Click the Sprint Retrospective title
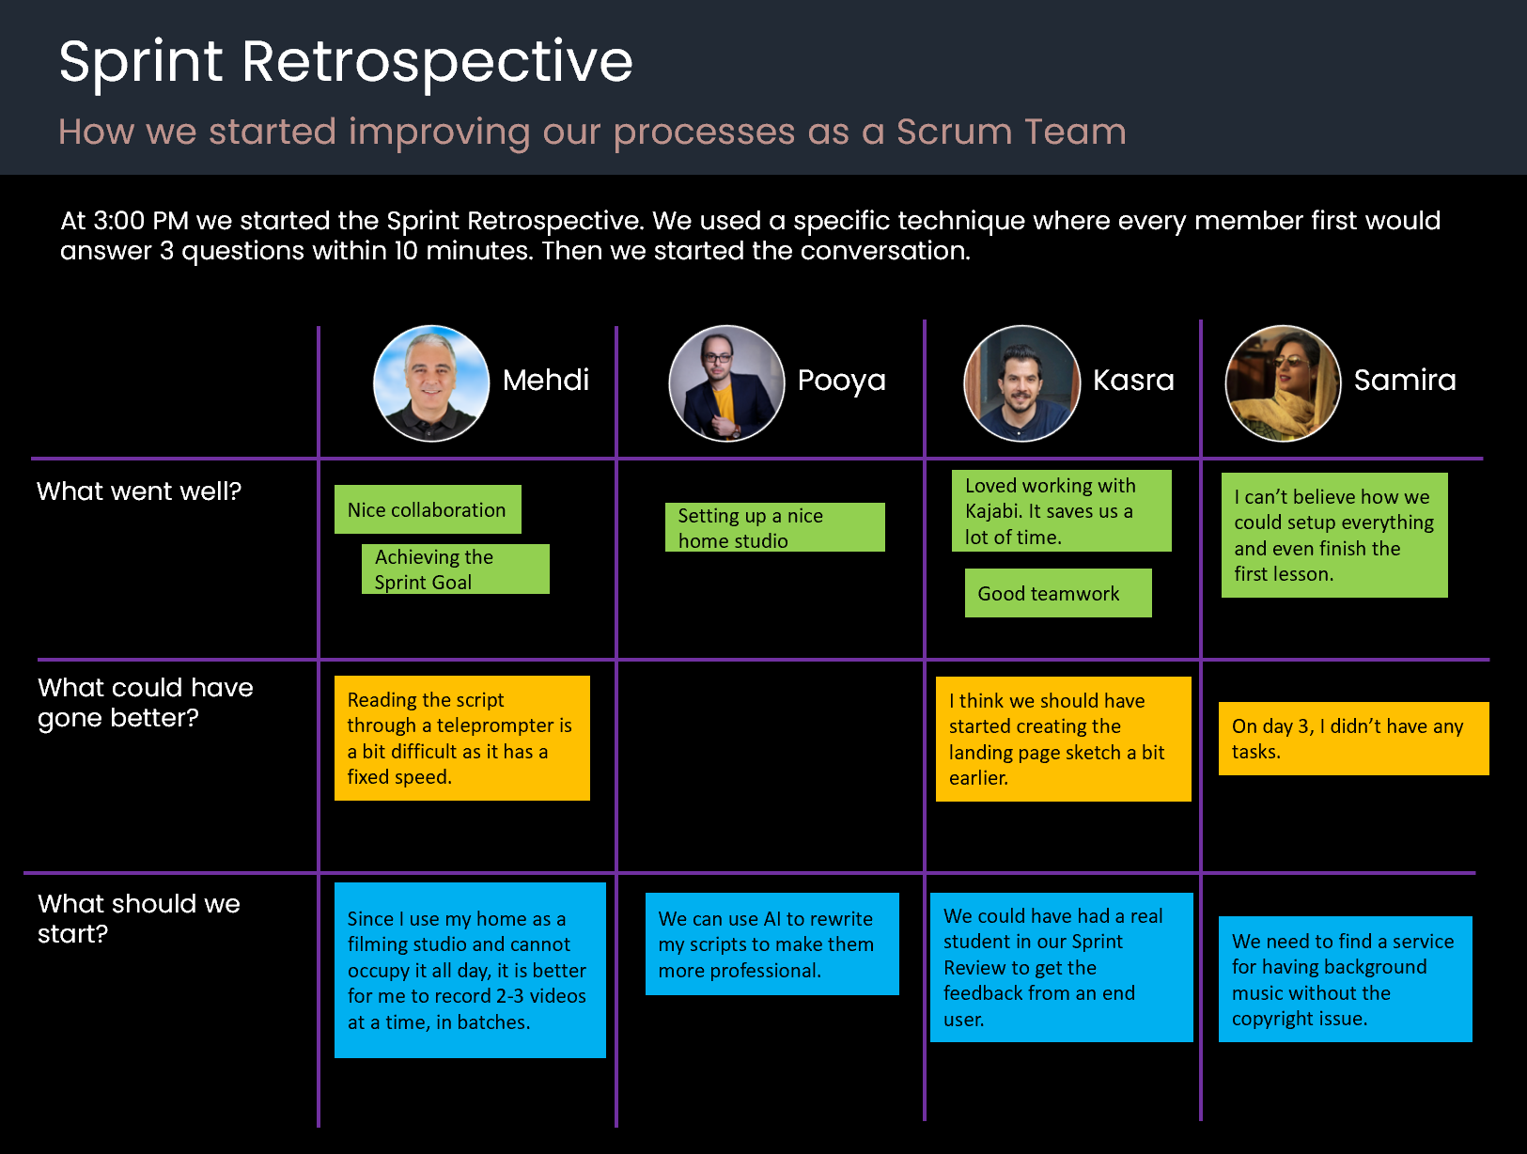(346, 62)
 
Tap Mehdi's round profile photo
(431, 383)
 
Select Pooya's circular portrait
(726, 383)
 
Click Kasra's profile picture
(1021, 383)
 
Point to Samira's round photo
(1283, 383)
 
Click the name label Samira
(1405, 380)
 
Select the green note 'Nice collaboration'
(428, 509)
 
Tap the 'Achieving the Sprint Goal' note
(456, 569)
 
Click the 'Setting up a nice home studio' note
(774, 527)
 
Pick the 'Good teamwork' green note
(1058, 593)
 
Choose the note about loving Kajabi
(1061, 510)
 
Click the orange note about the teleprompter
(461, 738)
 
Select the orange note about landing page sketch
(1063, 739)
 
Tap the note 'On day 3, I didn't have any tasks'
(1353, 739)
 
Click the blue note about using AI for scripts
(771, 943)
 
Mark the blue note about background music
(1345, 979)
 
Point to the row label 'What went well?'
(139, 491)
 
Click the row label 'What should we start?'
(138, 918)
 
